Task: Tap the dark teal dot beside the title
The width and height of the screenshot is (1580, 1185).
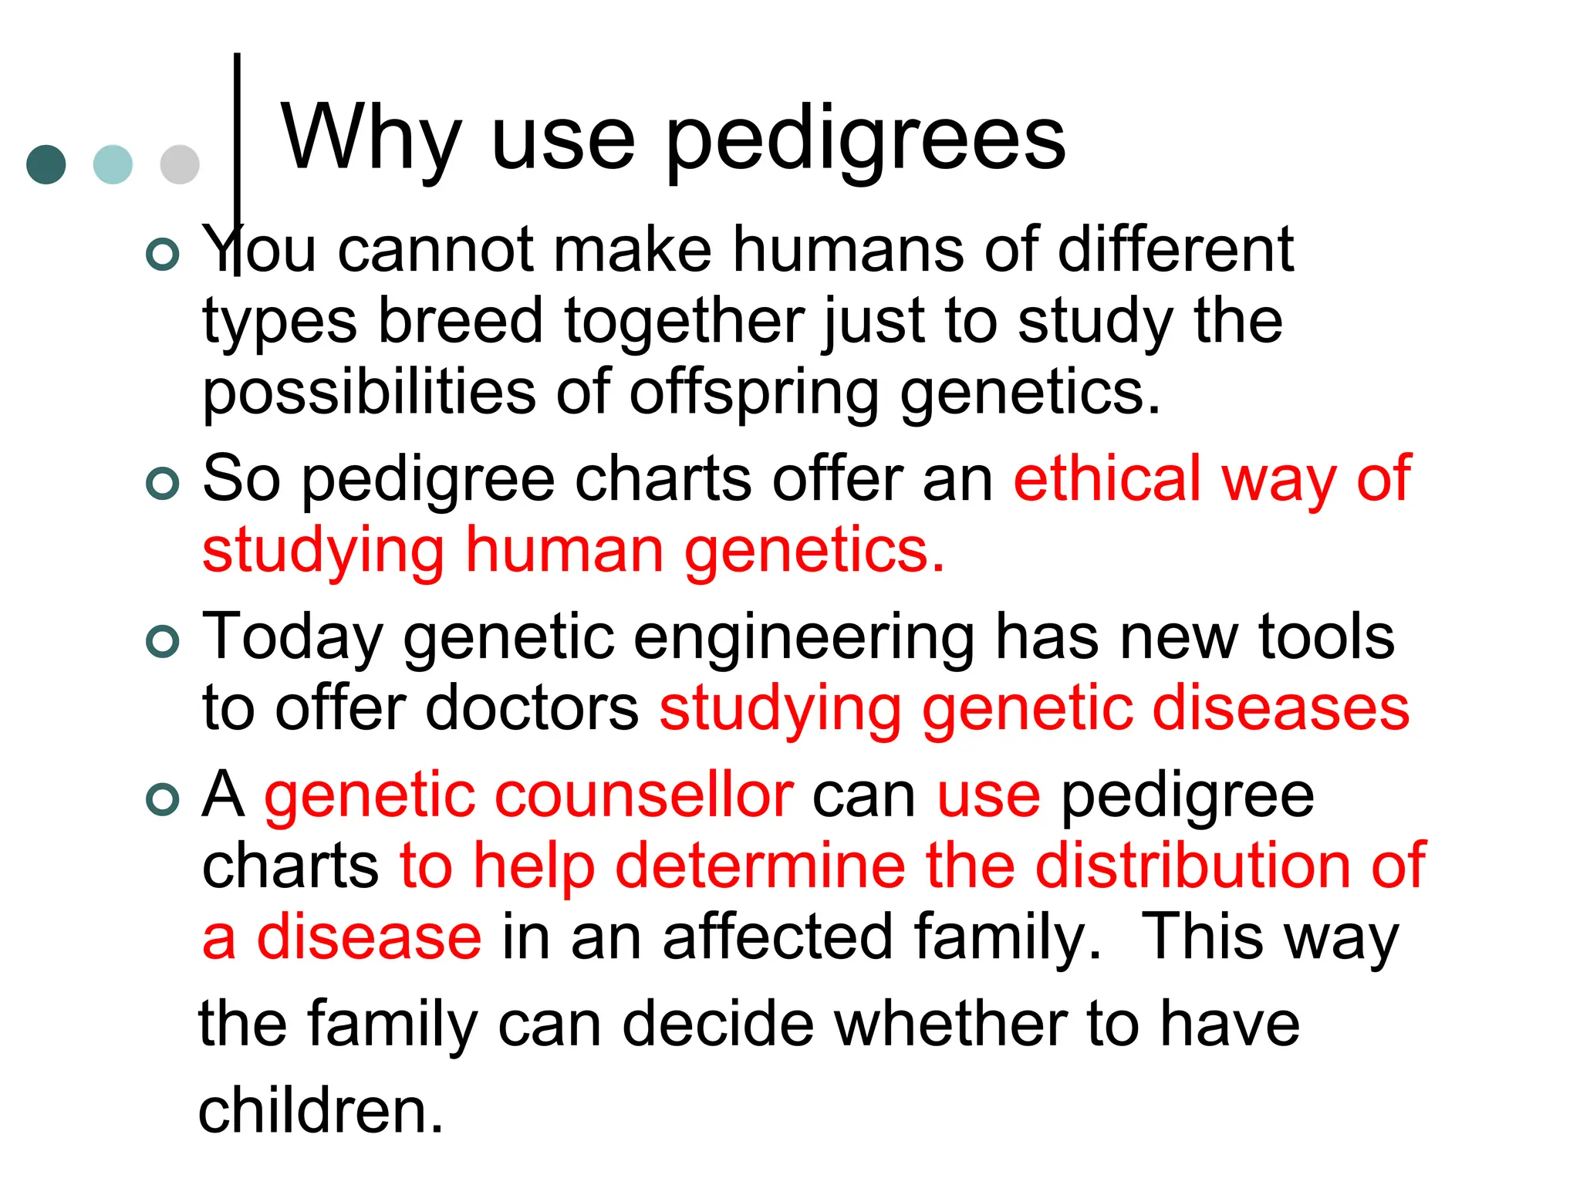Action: click(46, 164)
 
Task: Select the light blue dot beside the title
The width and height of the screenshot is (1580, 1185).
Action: click(113, 164)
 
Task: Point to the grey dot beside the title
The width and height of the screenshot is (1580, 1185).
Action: click(180, 164)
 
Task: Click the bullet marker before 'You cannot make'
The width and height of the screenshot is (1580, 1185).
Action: click(163, 254)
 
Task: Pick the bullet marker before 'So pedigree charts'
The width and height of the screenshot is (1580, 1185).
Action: click(163, 483)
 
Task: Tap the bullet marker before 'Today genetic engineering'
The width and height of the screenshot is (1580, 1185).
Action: click(163, 641)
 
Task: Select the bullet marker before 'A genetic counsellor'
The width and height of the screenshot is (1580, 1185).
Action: click(163, 799)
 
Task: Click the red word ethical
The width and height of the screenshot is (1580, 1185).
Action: click(1108, 479)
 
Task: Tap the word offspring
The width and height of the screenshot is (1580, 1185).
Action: click(754, 394)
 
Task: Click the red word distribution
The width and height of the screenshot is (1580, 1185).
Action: click(1192, 866)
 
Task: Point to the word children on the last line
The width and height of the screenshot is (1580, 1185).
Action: click(321, 1111)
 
